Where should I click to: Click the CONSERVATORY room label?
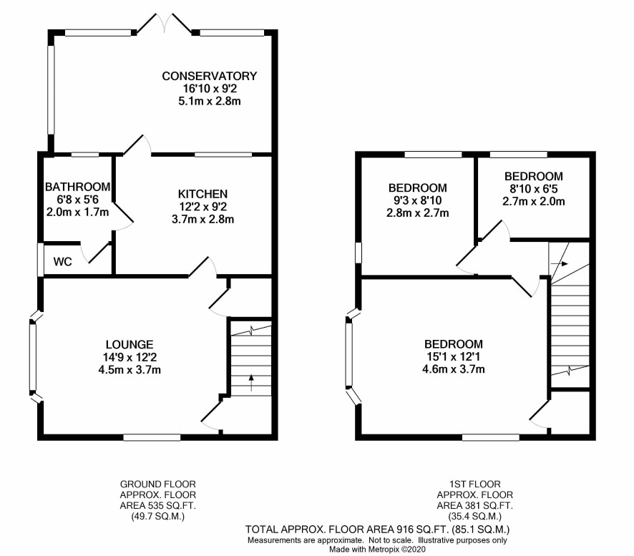tap(209, 76)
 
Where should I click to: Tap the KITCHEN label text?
tap(203, 194)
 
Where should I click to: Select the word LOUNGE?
tap(130, 344)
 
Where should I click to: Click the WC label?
tap(63, 262)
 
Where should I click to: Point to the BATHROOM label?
tap(77, 187)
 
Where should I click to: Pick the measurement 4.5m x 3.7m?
tap(130, 369)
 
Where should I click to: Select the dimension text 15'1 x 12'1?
tap(453, 356)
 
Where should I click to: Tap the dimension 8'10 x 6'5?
tap(533, 189)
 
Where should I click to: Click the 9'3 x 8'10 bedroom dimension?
tap(418, 200)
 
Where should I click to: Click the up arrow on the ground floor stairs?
tap(251, 383)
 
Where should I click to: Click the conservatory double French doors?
tap(164, 23)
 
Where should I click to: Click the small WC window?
tap(41, 260)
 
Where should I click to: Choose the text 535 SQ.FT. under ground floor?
tap(170, 505)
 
